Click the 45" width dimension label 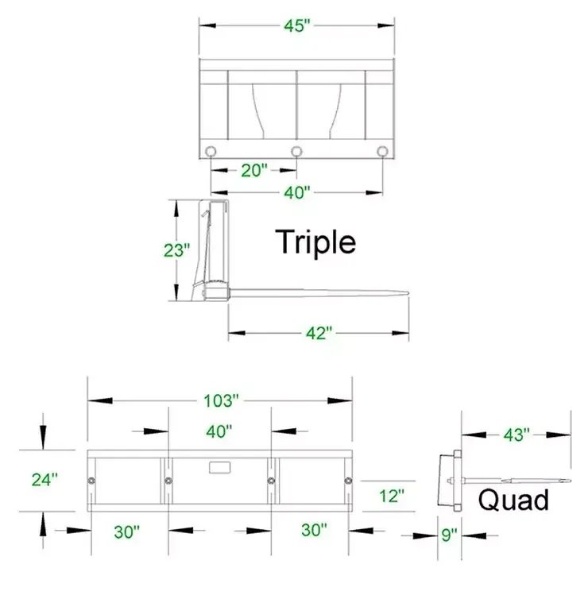click(297, 25)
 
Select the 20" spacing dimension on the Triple click(254, 170)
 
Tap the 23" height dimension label click(176, 250)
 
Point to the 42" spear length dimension click(319, 333)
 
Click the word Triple click(315, 242)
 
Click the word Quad click(513, 500)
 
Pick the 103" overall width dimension click(221, 400)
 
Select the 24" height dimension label click(44, 480)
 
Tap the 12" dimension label click(392, 496)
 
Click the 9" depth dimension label click(449, 535)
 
